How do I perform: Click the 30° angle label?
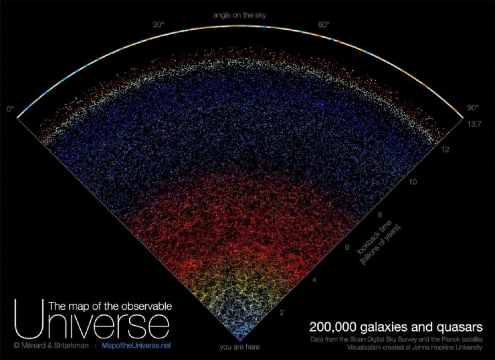(159, 25)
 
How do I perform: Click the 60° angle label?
(324, 25)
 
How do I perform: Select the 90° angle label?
(472, 108)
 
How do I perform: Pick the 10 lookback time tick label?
(413, 183)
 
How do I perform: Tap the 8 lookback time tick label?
(379, 215)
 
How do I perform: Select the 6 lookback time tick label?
(347, 248)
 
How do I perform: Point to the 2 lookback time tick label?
(282, 313)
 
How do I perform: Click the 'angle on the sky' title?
(239, 16)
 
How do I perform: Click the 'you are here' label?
(239, 347)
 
